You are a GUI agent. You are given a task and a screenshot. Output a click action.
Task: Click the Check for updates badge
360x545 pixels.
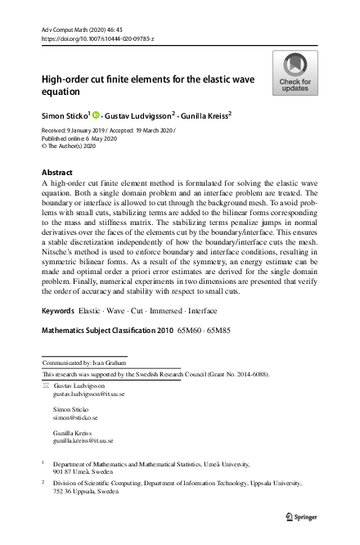(295, 72)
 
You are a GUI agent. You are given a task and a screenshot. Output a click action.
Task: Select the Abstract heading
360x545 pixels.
(56, 173)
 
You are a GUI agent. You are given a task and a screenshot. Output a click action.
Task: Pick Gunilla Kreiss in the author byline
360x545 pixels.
(203, 115)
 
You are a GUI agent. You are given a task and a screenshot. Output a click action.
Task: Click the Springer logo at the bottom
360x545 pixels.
(300, 517)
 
